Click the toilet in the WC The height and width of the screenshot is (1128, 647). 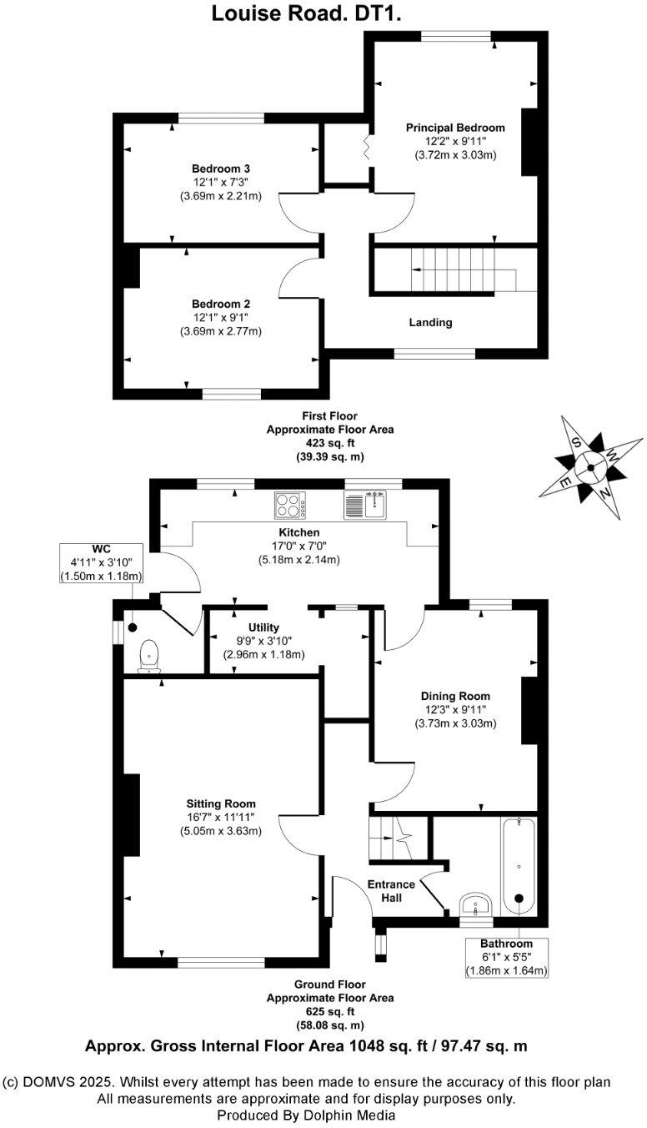[x=150, y=655]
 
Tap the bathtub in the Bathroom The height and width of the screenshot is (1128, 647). [x=519, y=868]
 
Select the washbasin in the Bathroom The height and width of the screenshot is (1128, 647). [x=476, y=905]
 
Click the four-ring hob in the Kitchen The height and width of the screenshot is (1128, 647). [x=291, y=505]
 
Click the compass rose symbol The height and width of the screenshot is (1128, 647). [x=591, y=467]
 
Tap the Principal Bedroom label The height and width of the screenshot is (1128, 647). [x=455, y=128]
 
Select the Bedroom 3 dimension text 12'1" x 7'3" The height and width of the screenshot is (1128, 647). [x=220, y=182]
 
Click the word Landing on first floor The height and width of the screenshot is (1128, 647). [x=430, y=322]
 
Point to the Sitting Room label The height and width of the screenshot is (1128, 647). [x=220, y=803]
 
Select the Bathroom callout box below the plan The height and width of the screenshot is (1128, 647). [x=506, y=957]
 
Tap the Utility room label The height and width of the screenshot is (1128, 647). [x=263, y=627]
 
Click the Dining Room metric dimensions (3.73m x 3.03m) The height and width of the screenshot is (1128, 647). [x=455, y=723]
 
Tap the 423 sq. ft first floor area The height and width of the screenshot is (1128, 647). [x=329, y=444]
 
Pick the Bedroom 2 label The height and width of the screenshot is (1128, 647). [x=220, y=304]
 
